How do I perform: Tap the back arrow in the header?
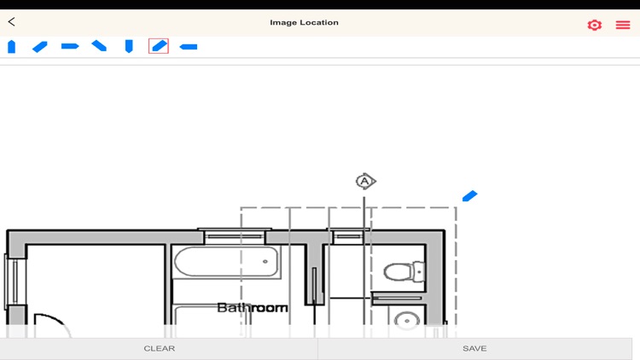[12, 22]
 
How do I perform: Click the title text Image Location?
[304, 22]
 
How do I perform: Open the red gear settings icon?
[595, 25]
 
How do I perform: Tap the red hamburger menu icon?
[623, 25]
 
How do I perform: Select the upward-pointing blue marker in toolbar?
[11, 46]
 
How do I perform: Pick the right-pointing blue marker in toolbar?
[70, 46]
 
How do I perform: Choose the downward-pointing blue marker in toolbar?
[129, 46]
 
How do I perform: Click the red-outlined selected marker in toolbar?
[159, 46]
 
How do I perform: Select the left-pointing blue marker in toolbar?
[189, 46]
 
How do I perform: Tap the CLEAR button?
[160, 348]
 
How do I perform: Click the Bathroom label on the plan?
[252, 307]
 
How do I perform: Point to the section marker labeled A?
[365, 181]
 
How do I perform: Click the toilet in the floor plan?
[404, 272]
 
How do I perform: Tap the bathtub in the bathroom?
[227, 262]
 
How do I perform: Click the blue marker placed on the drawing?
[469, 196]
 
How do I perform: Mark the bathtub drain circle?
[265, 262]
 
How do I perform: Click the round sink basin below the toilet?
[407, 321]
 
